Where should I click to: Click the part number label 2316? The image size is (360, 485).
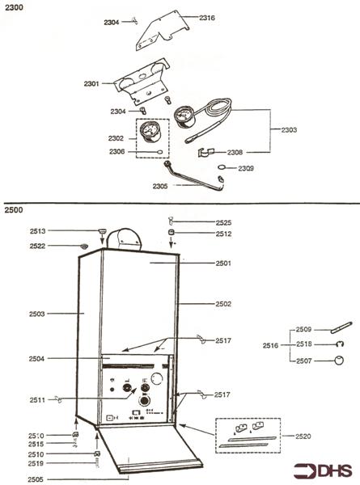(x=207, y=18)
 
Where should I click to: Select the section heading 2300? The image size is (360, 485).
(x=14, y=7)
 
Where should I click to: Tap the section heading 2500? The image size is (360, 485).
(x=14, y=210)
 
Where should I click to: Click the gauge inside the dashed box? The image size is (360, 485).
(x=150, y=132)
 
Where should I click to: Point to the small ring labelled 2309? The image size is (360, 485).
(x=222, y=167)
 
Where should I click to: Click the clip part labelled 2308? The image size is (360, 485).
(x=205, y=153)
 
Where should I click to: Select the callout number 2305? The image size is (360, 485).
(x=160, y=186)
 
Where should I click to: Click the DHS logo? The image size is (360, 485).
(x=323, y=470)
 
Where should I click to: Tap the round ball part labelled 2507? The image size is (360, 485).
(x=339, y=361)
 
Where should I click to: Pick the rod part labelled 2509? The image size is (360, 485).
(x=341, y=328)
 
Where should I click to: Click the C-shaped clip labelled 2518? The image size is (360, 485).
(x=341, y=344)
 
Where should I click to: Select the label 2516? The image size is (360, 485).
(x=270, y=345)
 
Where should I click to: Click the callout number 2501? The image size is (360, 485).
(x=223, y=264)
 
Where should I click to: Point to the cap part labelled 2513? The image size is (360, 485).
(x=102, y=230)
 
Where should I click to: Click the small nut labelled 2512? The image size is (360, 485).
(x=172, y=232)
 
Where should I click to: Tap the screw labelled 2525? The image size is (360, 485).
(x=171, y=221)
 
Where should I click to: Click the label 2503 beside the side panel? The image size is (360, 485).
(x=37, y=314)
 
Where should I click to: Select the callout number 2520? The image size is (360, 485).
(x=303, y=436)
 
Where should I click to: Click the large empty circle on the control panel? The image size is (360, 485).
(x=157, y=378)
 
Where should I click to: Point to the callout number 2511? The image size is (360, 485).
(x=37, y=400)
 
